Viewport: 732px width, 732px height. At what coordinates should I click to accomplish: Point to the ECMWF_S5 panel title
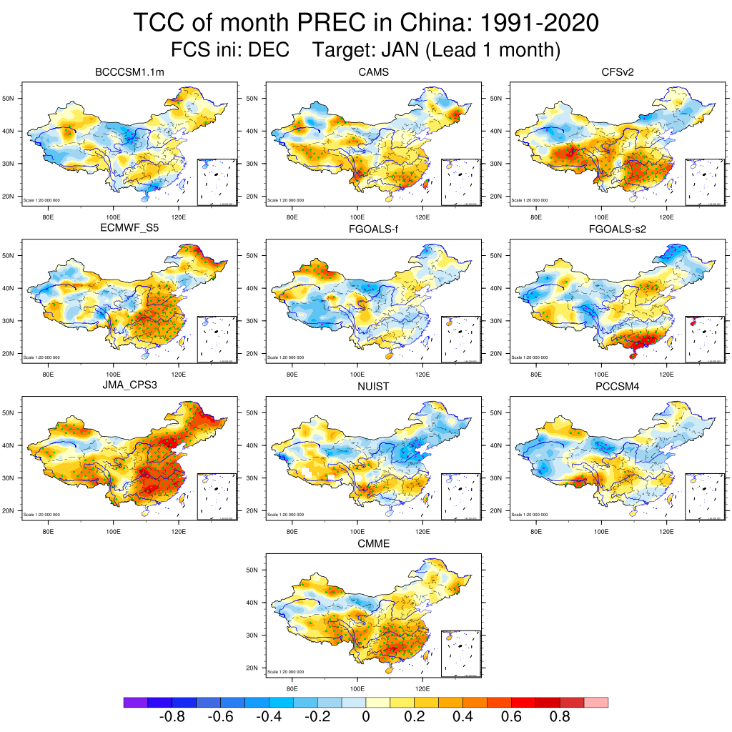[129, 229]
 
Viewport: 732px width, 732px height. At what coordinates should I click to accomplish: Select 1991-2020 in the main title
[540, 23]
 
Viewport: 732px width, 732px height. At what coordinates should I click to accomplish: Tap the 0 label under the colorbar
[366, 717]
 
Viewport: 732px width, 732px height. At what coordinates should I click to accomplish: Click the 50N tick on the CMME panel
[253, 570]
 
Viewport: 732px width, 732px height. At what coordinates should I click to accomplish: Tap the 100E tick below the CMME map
[357, 688]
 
